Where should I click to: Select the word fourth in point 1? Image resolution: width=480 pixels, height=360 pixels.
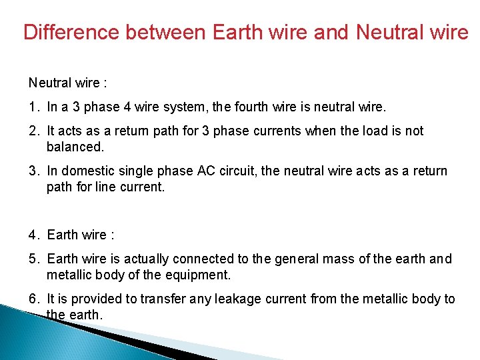point(269,107)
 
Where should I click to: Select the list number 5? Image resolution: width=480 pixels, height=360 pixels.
point(33,259)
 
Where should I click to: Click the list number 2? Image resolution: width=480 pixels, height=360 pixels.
point(33,131)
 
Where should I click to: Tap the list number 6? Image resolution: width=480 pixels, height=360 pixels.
point(33,299)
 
